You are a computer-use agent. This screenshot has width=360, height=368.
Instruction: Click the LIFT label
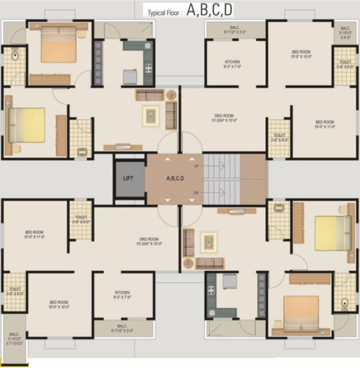coord(128,178)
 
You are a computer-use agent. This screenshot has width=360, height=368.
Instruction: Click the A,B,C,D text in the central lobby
coord(175,178)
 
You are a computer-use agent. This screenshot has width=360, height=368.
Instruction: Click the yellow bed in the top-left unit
coord(27,125)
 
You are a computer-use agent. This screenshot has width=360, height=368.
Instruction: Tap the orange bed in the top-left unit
coord(58,44)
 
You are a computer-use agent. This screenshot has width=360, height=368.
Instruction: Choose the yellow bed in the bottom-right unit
coord(333,233)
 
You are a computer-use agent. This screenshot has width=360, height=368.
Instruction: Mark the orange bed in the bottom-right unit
coord(301,313)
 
